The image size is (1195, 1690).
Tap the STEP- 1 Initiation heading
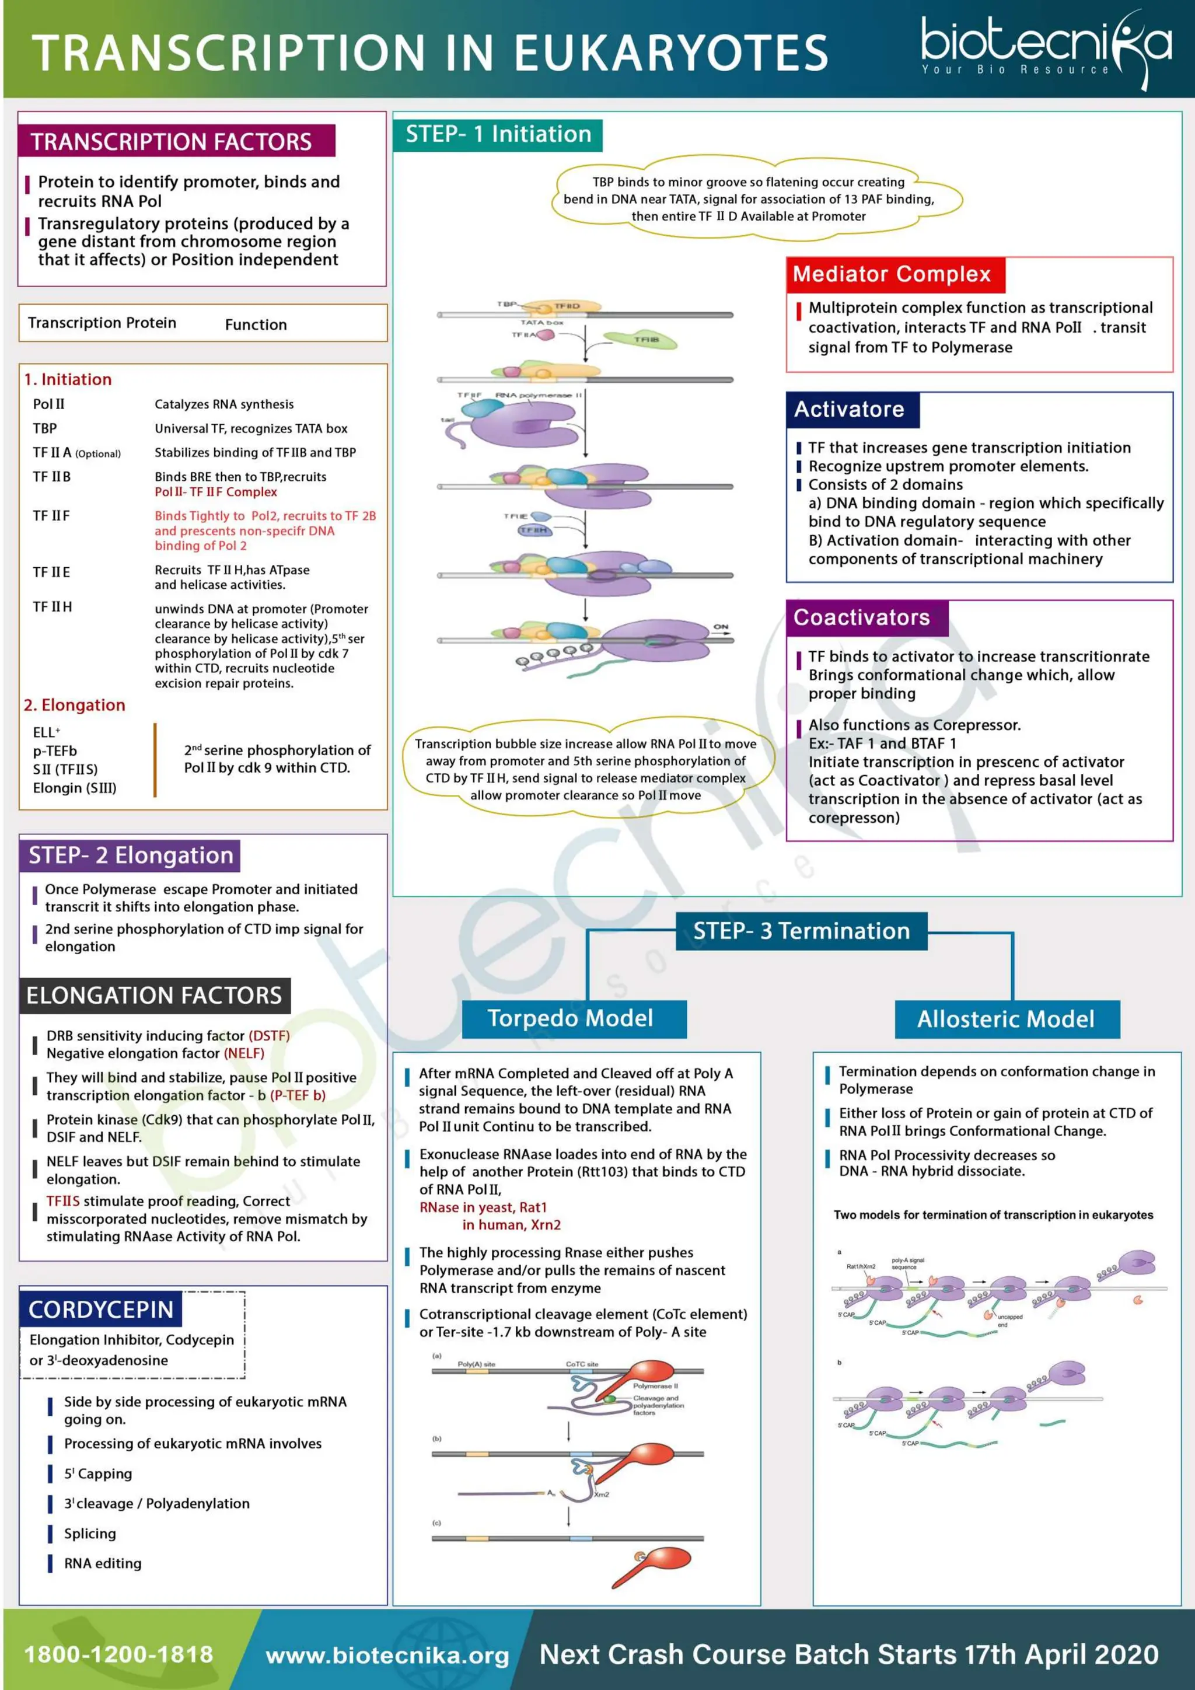(498, 135)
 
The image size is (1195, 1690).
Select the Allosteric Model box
(1006, 1019)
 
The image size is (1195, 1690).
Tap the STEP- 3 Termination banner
(801, 931)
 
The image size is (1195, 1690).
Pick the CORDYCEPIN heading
(101, 1310)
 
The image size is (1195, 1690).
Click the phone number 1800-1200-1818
(118, 1654)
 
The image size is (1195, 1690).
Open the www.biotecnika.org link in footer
(387, 1656)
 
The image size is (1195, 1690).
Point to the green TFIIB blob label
(645, 339)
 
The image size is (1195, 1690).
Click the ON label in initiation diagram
(721, 627)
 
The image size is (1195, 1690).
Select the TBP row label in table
(45, 428)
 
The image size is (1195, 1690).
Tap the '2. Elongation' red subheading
(74, 705)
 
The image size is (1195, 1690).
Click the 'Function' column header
(256, 324)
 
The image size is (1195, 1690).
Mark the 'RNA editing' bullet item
(102, 1563)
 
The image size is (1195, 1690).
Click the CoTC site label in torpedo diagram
(581, 1364)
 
